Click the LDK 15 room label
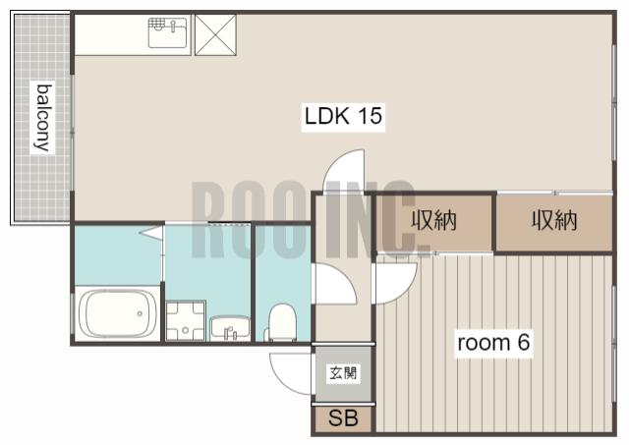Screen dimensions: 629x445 coord(343,116)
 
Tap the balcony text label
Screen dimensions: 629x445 coord(43,118)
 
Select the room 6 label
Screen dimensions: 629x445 coord(493,343)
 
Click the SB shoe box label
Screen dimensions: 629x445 coord(343,417)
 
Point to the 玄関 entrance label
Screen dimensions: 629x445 coord(343,373)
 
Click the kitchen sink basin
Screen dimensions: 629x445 coord(168,32)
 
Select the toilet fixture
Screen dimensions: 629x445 coord(282,322)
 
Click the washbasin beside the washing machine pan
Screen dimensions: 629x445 coord(230,329)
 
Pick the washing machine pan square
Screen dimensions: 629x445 coord(186,320)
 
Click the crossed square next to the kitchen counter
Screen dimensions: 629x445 coord(216,35)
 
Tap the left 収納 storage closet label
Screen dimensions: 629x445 coord(434,220)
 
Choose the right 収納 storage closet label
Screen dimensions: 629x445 coord(554,220)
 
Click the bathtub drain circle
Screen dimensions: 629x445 coord(140,313)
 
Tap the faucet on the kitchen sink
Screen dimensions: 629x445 coord(173,27)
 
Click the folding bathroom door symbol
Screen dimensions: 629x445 coord(152,234)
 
